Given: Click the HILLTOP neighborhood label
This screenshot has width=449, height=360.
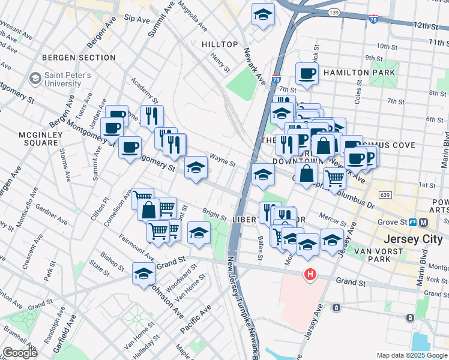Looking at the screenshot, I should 220,45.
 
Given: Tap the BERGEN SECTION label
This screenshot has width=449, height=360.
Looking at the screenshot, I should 79,58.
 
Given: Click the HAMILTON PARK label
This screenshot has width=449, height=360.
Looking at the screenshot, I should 359,73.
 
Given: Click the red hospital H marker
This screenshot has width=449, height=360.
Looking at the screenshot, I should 310,274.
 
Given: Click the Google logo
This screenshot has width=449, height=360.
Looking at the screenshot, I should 19,353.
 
